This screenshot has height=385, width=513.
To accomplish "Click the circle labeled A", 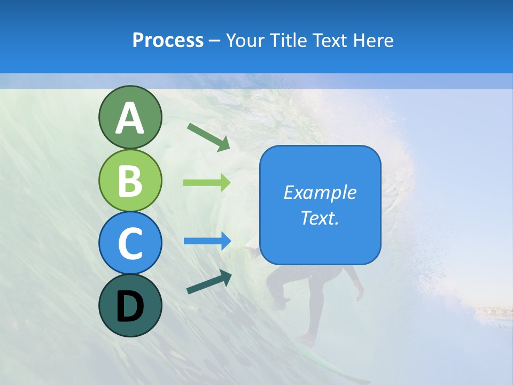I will (130, 117).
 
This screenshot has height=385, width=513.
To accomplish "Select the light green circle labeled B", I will (130, 180).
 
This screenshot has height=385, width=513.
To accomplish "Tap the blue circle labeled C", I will (130, 243).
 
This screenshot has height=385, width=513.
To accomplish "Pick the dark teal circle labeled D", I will (130, 305).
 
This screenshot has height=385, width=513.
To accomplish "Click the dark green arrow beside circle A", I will (208, 136).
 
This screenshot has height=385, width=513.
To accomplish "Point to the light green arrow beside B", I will (207, 182).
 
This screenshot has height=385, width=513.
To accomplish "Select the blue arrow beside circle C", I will (207, 241).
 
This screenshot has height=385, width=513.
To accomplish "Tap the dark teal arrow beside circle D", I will (209, 282).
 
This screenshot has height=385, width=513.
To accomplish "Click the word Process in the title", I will (168, 40).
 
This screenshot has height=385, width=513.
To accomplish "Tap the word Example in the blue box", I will (320, 192).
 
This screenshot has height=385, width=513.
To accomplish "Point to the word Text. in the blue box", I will (320, 218).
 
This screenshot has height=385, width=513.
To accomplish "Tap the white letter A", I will (130, 118).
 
